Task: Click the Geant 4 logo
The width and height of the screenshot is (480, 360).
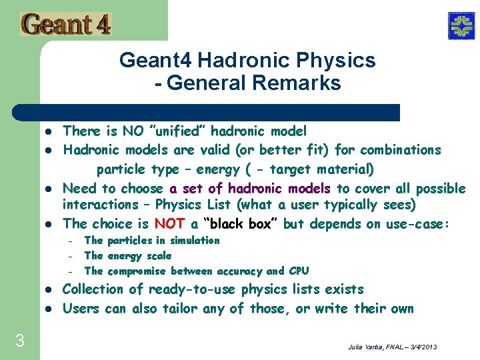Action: click(65, 25)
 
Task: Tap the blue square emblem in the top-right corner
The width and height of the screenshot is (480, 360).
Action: click(460, 26)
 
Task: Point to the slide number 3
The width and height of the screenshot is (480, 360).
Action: click(19, 341)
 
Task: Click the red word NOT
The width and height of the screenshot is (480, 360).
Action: click(169, 224)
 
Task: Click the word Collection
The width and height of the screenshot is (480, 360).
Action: click(93, 289)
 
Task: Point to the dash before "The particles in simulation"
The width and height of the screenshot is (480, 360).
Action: click(69, 241)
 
